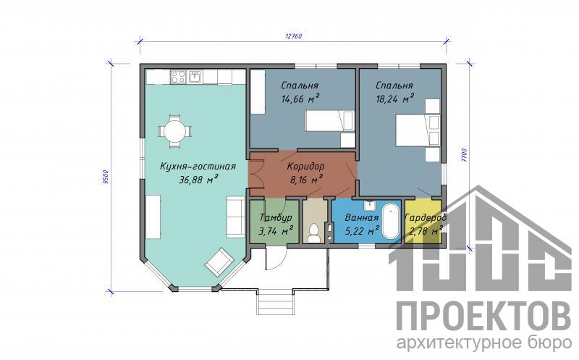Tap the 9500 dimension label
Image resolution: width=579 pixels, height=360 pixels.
[105, 176]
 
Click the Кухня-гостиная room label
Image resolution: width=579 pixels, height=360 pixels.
[198, 167]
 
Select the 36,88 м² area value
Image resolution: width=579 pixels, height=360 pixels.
[198, 180]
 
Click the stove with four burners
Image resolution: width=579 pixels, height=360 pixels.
[178, 78]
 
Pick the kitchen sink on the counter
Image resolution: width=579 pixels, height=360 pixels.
[195, 77]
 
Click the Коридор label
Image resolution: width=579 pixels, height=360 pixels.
[305, 166]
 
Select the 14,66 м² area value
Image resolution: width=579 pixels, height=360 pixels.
[300, 99]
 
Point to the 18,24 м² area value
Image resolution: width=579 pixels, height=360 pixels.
[394, 99]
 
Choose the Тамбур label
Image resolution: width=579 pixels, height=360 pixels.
[276, 217]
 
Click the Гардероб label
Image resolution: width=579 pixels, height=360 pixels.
[426, 217]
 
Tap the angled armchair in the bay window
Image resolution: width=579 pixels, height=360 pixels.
[219, 261]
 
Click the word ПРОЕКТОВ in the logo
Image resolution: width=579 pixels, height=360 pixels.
[483, 317]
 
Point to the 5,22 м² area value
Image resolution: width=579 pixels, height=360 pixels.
[362, 231]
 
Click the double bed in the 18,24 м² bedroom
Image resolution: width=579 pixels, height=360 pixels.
[418, 130]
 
